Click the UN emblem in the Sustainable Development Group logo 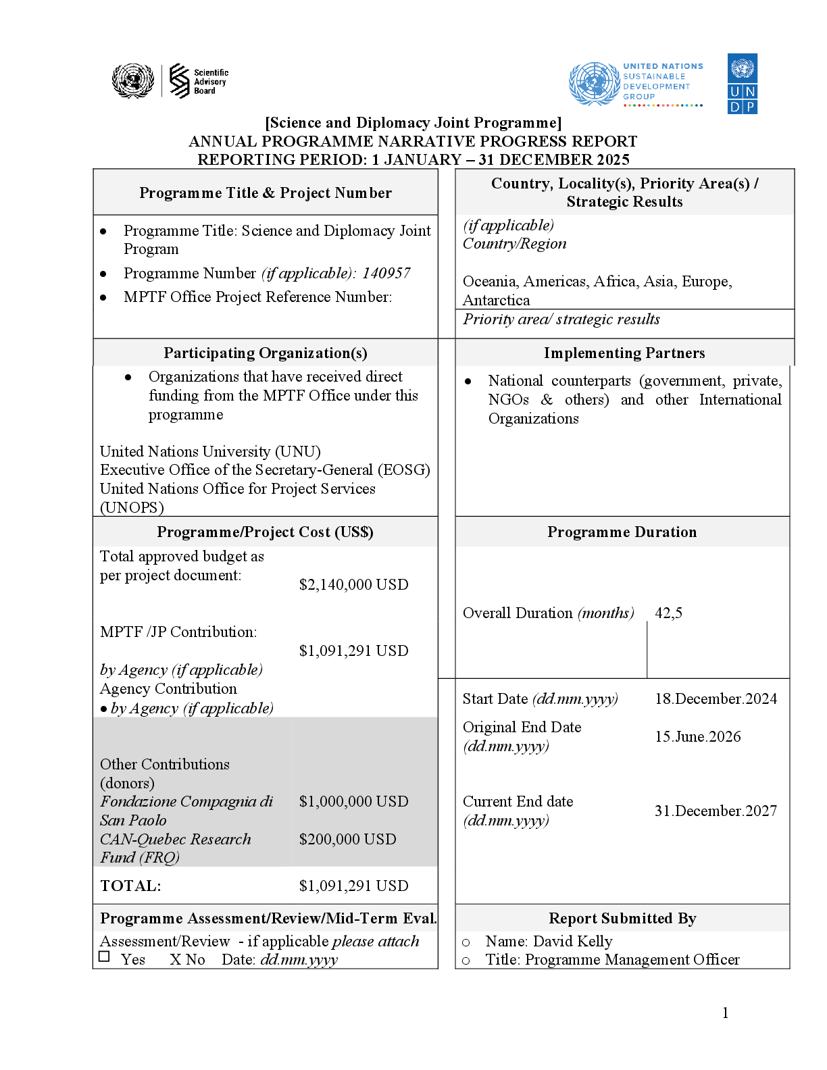tap(594, 84)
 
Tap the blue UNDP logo tap(742, 84)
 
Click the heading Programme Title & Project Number tap(266, 193)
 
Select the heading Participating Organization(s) tap(266, 353)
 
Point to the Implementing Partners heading tap(624, 353)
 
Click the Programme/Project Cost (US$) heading tap(266, 532)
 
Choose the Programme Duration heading tap(622, 532)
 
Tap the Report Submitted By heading tap(622, 919)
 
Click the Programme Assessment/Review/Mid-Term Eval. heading tap(268, 919)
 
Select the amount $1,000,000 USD tap(353, 802)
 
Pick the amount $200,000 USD tap(347, 840)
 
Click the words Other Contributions tap(165, 765)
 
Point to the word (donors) tap(127, 784)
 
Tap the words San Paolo tap(133, 821)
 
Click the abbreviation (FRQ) tap(159, 858)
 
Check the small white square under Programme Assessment tap(104, 957)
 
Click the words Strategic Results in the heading tap(624, 202)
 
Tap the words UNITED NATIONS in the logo tap(663, 66)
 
